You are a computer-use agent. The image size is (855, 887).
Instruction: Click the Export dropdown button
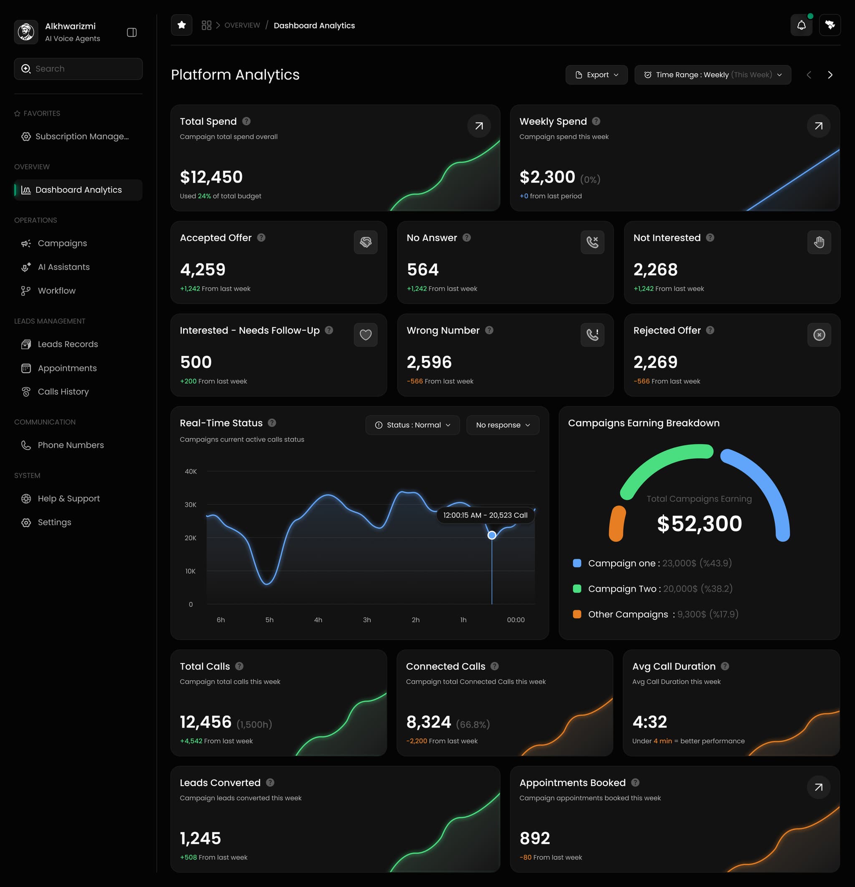[596, 75]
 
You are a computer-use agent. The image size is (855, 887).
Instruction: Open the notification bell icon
[801, 25]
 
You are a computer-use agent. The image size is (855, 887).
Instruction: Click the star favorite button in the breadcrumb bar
[182, 25]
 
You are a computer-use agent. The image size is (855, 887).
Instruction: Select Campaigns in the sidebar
[62, 243]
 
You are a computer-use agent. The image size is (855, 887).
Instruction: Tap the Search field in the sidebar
[78, 69]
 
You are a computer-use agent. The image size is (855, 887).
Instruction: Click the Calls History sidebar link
[63, 392]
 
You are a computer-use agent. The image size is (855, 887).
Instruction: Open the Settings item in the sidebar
[54, 522]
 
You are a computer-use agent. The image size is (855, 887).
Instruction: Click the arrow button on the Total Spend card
[478, 126]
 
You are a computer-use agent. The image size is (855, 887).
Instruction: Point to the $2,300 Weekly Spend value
[547, 177]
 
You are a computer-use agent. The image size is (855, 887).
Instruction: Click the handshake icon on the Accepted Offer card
[365, 243]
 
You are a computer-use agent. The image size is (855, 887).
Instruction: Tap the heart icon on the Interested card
[365, 335]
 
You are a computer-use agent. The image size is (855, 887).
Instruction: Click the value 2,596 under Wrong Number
[429, 362]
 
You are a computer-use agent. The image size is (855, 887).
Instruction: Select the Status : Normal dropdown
[412, 425]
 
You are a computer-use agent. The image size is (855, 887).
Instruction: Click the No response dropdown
[502, 425]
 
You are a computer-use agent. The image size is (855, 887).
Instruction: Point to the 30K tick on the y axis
[190, 505]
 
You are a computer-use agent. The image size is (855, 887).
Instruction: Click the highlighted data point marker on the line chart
[491, 536]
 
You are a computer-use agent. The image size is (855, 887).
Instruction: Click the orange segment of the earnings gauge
[617, 523]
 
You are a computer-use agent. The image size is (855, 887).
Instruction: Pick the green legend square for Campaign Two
[577, 589]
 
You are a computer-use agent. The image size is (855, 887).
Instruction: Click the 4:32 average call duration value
[649, 722]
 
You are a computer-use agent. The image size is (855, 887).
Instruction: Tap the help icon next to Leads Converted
[270, 783]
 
